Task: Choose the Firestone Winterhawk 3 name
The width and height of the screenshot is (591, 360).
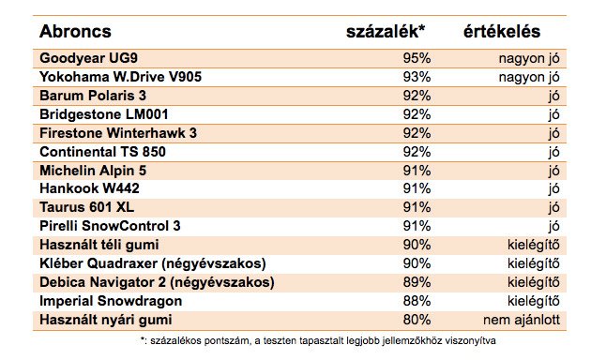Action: [x=118, y=132]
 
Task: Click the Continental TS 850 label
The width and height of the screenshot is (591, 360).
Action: [x=107, y=151]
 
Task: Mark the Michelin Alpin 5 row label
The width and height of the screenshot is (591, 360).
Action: [x=94, y=170]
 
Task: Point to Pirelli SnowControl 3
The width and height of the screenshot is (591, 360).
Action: [x=110, y=225]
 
